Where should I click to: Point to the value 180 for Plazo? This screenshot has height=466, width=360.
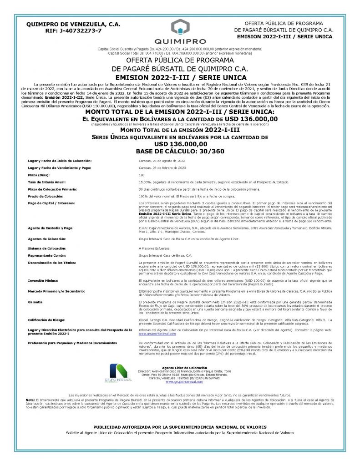click(x=142, y=174)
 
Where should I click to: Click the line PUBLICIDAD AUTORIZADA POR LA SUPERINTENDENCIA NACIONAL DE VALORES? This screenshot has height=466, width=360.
click(x=180, y=427)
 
